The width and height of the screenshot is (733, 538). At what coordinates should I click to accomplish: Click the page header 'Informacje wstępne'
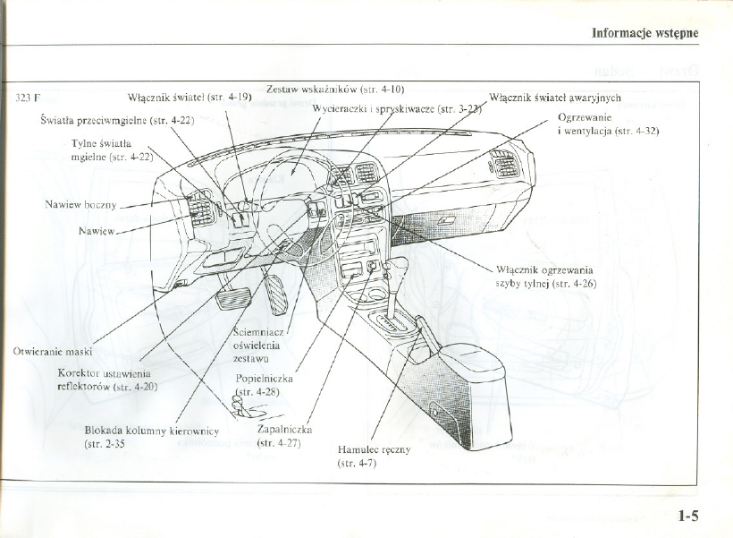click(x=644, y=33)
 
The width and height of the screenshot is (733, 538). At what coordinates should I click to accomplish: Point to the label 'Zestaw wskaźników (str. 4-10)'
click(x=336, y=89)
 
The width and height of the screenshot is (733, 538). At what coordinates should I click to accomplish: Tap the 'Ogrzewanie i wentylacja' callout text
click(x=607, y=124)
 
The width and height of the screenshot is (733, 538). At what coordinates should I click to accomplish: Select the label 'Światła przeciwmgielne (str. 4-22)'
click(x=117, y=119)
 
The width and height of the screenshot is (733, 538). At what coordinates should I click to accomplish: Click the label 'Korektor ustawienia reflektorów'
click(x=106, y=380)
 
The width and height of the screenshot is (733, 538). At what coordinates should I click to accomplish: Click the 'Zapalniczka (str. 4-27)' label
click(x=284, y=435)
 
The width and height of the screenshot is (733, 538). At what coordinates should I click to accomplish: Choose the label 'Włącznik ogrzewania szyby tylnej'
click(x=545, y=276)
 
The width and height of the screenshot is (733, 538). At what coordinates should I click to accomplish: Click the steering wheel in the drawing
click(x=295, y=192)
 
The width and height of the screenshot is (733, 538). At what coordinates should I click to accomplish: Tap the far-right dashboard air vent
click(x=504, y=165)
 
